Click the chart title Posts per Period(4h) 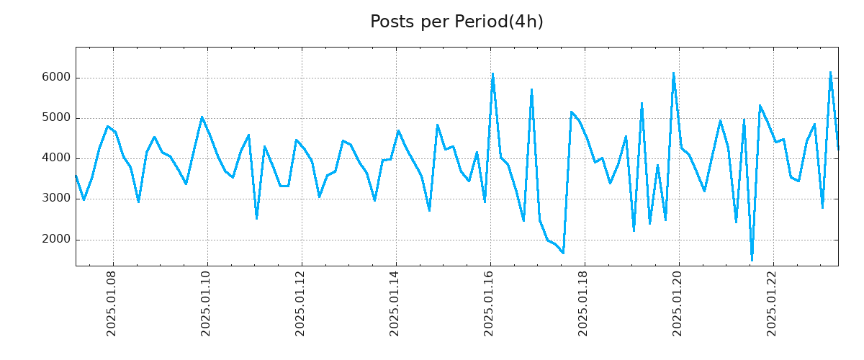[456, 22]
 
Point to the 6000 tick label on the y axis [55, 78]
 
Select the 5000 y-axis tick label [55, 118]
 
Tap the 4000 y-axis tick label [55, 158]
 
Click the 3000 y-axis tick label [55, 199]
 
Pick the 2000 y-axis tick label [55, 240]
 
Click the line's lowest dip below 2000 [752, 259]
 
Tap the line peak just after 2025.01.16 [492, 73]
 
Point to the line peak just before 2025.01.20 [673, 73]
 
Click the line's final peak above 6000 [830, 72]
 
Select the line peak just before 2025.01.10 [202, 117]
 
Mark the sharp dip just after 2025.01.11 [256, 218]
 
